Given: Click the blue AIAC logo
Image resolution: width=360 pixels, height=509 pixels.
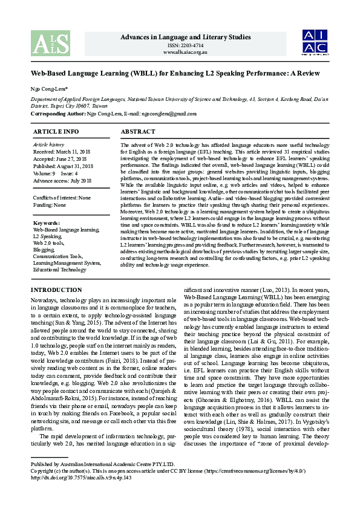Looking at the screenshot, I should tap(315, 41).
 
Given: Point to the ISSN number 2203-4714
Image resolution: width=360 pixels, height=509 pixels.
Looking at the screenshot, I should tap(185, 45).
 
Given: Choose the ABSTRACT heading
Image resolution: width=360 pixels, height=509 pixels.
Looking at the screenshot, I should tap(138, 131).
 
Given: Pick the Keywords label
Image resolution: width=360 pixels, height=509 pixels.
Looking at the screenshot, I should tap(46, 223).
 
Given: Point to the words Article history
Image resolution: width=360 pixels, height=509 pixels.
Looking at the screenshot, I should tap(48, 144).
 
